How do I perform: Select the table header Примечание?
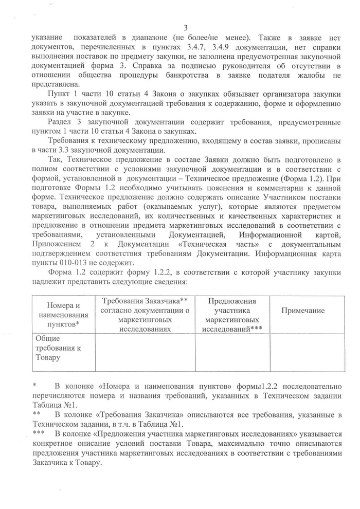302,311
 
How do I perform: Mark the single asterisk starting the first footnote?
34,386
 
